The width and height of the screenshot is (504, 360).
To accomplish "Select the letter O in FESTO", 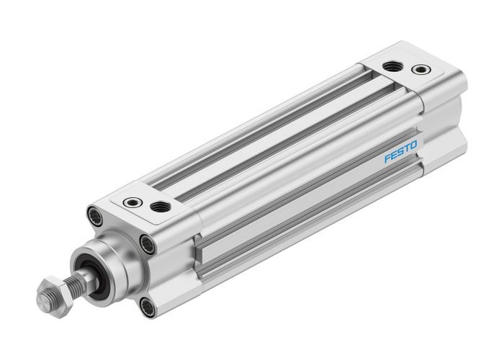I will click(414, 147).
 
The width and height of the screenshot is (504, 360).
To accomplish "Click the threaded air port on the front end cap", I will click(161, 207).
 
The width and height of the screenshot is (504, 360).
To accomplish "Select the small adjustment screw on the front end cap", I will click(132, 202).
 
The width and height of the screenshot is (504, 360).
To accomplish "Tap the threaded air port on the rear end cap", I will click(392, 66).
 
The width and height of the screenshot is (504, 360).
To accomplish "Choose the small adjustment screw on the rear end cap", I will click(420, 70).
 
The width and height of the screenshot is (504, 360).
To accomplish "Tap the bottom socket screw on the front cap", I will click(148, 307).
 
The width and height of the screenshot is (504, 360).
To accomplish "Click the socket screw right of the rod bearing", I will click(148, 244).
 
